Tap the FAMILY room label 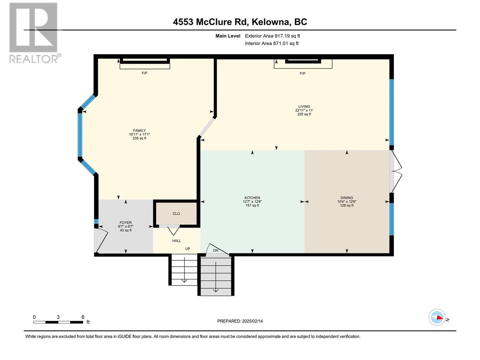click(x=139, y=130)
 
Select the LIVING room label click(x=304, y=106)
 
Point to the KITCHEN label click(x=252, y=198)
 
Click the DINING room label click(x=346, y=198)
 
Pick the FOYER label click(x=125, y=223)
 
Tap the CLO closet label click(x=176, y=214)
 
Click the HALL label click(x=176, y=241)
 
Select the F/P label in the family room click(x=144, y=73)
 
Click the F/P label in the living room click(x=302, y=73)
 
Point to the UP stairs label click(x=187, y=249)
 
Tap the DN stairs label click(x=216, y=250)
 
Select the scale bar click(x=58, y=322)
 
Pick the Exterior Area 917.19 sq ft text click(x=272, y=36)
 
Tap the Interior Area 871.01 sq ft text click(x=271, y=43)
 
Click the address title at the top click(x=240, y=22)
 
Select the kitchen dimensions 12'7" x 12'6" click(x=252, y=202)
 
